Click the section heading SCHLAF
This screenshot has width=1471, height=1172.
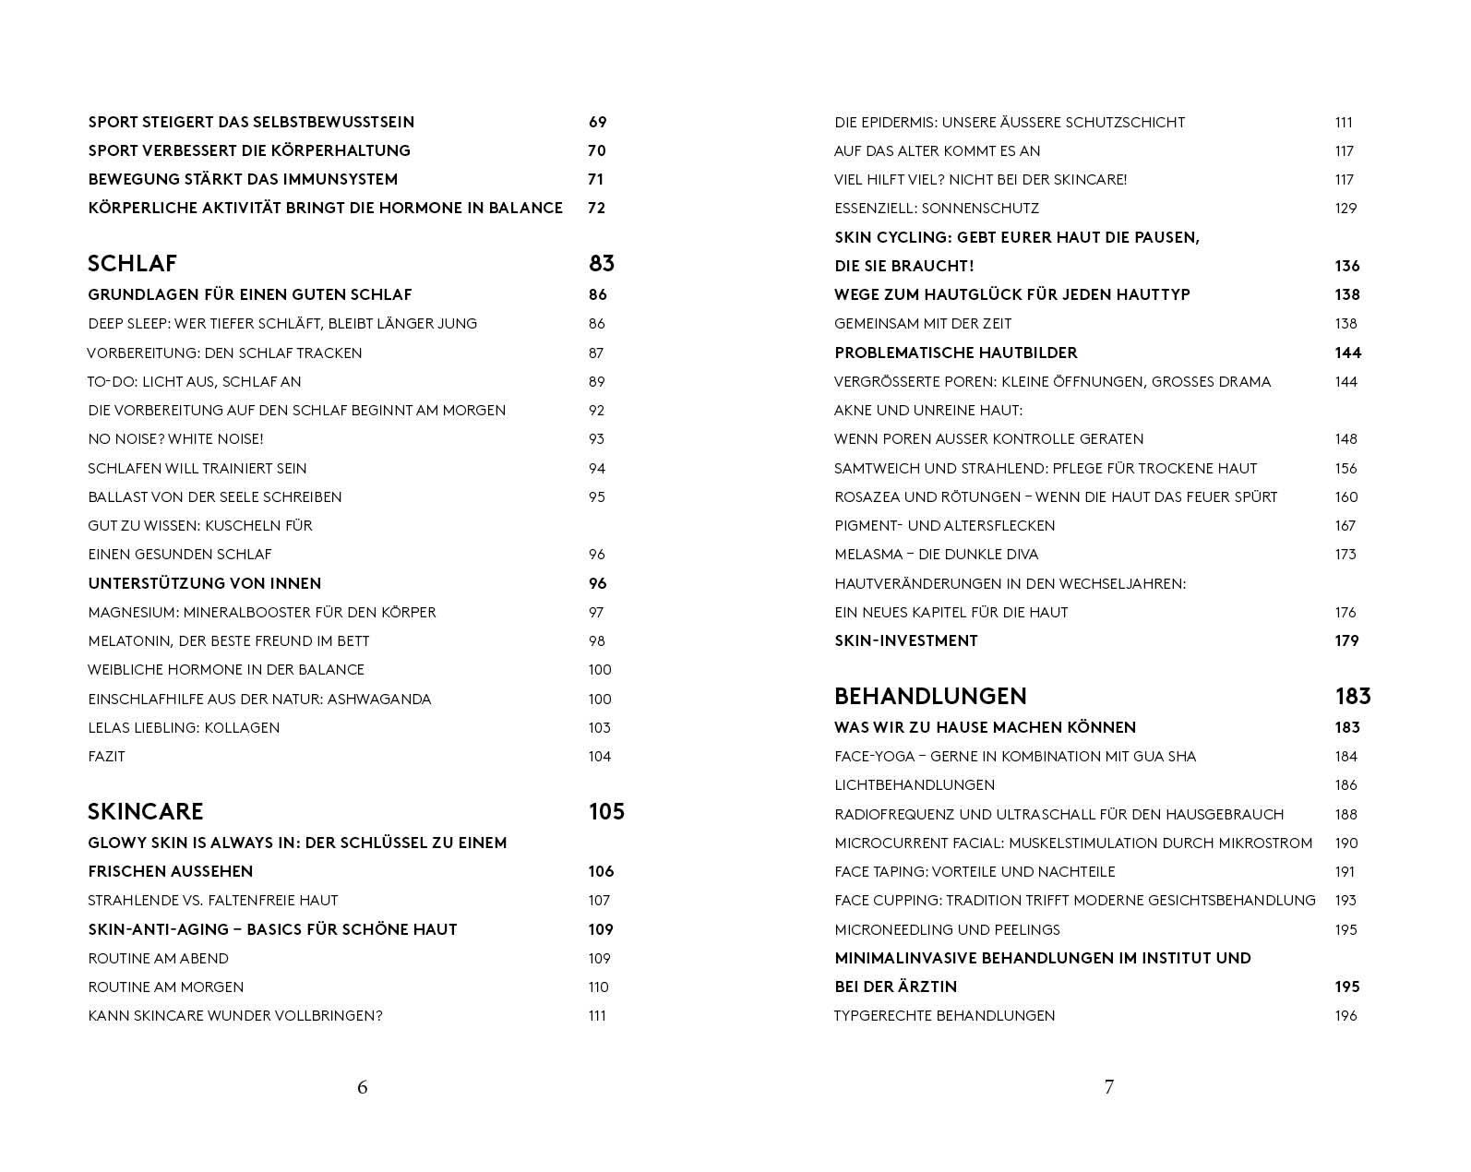[132, 264]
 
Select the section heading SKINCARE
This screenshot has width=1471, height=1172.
[145, 812]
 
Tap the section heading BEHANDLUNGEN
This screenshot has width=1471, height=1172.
[930, 697]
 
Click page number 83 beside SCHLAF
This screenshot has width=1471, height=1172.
[602, 264]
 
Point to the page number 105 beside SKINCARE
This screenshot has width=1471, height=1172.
[606, 812]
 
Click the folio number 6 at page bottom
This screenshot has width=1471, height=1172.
[363, 1087]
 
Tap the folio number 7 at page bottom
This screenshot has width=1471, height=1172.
[1109, 1087]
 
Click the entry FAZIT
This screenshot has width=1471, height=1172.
[106, 757]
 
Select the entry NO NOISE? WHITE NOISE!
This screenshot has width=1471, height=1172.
[175, 439]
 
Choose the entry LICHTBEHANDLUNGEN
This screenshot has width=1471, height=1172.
[915, 785]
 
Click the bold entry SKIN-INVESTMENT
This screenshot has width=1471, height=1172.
[905, 641]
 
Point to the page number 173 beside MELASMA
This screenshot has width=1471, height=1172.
[1345, 555]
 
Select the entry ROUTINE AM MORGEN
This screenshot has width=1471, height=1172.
[166, 987]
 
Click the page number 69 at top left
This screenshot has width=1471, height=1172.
[597, 123]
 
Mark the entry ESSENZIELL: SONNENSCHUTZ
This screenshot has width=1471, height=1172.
[937, 209]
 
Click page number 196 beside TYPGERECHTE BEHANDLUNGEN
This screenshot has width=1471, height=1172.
[1345, 1016]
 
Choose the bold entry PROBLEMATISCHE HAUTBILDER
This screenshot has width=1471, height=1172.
[956, 353]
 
